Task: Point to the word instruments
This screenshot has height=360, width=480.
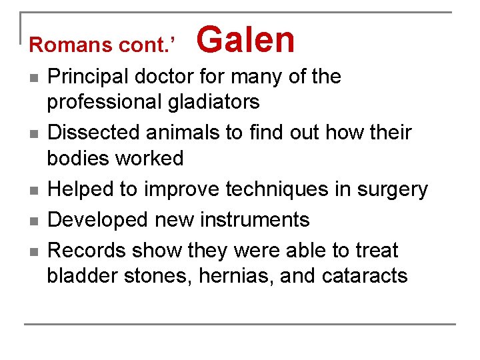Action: pos(258,220)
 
